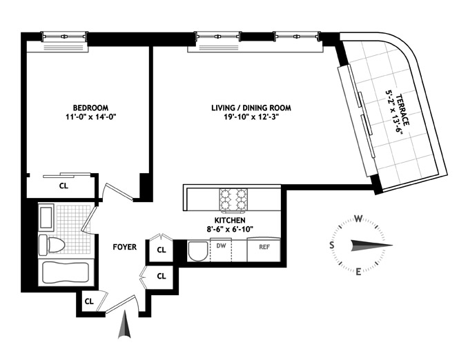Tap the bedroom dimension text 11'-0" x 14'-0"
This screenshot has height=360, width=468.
click(90, 117)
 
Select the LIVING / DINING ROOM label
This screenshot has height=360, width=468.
click(251, 108)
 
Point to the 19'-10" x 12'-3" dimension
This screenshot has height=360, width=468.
click(251, 117)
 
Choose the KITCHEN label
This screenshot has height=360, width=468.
click(230, 221)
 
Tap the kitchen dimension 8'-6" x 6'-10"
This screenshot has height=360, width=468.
click(230, 230)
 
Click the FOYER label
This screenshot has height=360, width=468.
click(125, 247)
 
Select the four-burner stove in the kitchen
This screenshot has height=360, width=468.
click(233, 200)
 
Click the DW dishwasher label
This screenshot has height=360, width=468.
click(221, 246)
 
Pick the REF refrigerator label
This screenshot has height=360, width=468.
click(264, 248)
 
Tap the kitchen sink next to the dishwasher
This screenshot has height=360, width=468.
click(199, 251)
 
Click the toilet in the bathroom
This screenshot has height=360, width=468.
click(52, 245)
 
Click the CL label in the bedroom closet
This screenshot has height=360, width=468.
click(64, 186)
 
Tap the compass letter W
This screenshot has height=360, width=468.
click(359, 219)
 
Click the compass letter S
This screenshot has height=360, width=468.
click(331, 245)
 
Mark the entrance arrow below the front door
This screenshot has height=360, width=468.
click(125, 324)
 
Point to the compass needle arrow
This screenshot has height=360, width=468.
click(371, 245)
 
